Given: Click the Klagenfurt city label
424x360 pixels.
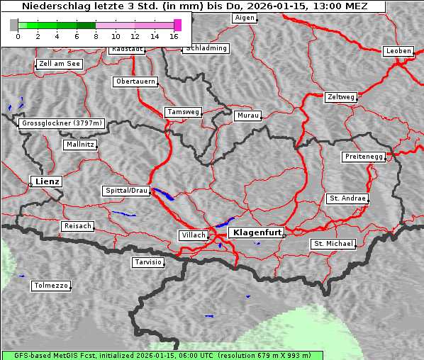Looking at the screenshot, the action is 257,232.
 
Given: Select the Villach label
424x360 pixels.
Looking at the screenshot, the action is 192,235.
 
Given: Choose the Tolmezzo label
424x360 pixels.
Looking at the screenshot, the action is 51,286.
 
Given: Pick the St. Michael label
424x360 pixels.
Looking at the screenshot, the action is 333,244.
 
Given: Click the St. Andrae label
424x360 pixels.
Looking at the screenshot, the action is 347,198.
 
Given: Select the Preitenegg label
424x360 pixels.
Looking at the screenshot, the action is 364,157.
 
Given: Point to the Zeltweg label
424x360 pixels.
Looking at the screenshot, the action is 340,96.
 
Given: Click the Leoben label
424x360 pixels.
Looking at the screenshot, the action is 398,51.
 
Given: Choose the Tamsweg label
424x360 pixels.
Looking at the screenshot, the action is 184,112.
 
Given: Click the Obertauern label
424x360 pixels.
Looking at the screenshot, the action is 135,81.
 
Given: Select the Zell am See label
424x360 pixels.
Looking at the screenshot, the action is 60,64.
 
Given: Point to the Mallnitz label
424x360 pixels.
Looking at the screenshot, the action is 79,145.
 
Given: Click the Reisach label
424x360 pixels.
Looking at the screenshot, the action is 77,226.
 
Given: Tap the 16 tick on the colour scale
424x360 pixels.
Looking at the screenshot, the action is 174,36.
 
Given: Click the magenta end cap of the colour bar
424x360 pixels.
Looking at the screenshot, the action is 177,25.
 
